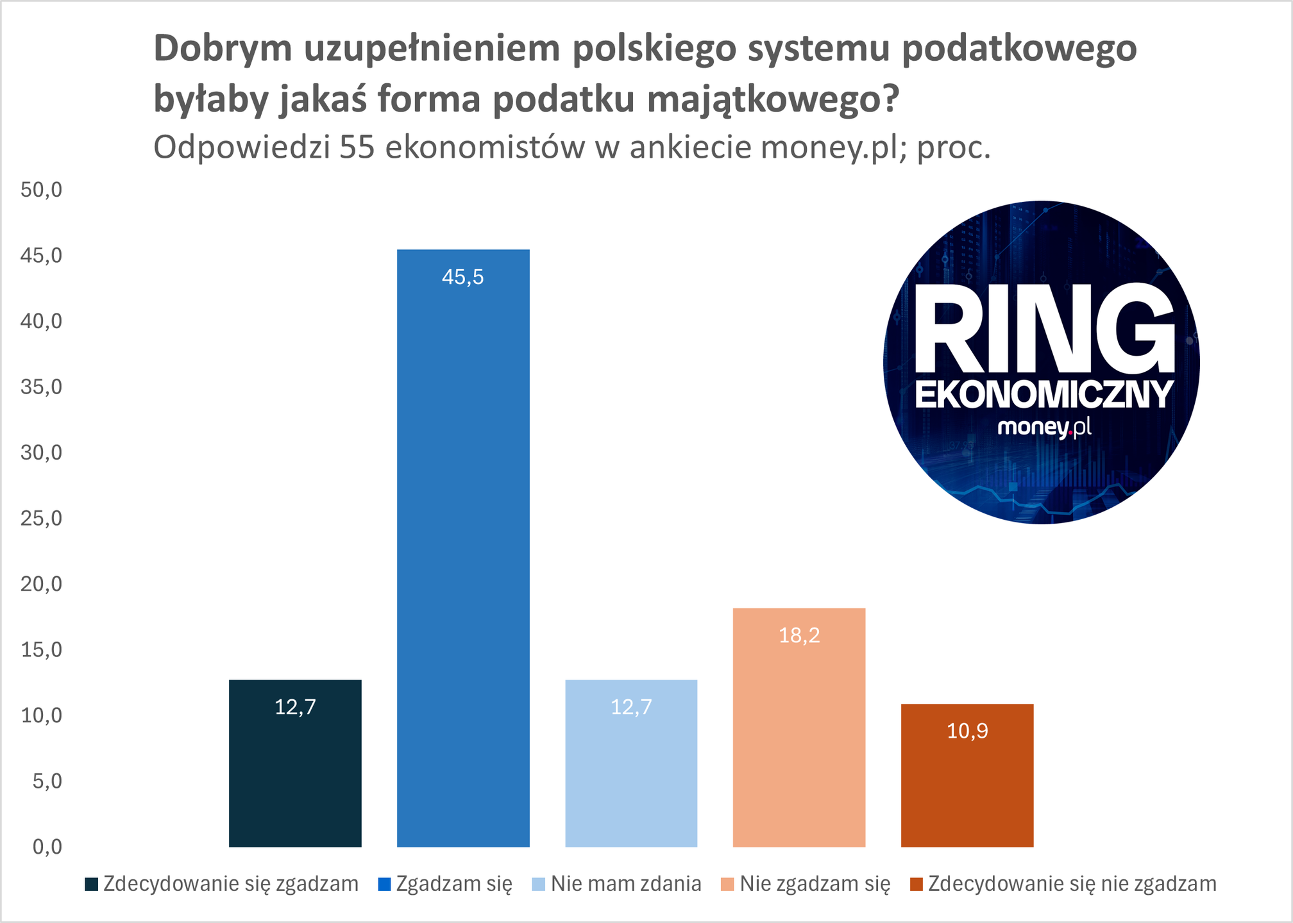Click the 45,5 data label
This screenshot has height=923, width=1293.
click(463, 278)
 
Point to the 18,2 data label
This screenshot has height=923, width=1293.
click(799, 636)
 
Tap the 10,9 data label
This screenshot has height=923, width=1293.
click(967, 731)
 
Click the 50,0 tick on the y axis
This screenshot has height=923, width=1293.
click(42, 190)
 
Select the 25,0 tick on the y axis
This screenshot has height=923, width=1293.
click(42, 519)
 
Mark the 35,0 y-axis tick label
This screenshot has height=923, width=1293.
click(42, 387)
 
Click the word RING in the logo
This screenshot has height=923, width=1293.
click(1044, 329)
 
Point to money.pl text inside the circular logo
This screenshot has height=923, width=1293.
click(1044, 427)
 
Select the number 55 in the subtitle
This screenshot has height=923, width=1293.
click(357, 148)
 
